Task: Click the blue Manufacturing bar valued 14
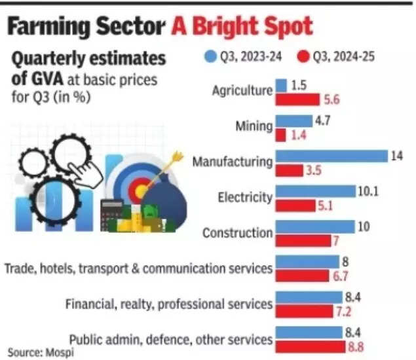coord(331,156)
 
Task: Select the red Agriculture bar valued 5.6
coord(296,99)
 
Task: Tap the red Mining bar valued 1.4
coord(280,135)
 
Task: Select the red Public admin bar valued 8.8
coord(312,347)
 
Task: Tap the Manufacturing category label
coord(231,162)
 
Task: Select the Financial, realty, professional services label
coord(169,304)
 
